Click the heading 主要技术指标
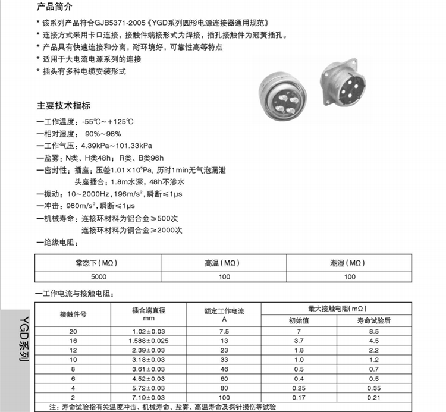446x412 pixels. (x=64, y=106)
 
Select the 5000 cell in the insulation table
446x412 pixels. (x=99, y=276)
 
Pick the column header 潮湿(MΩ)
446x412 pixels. (x=349, y=263)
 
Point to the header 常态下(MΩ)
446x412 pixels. (x=99, y=263)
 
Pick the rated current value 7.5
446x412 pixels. (x=224, y=331)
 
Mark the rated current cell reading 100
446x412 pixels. (x=224, y=397)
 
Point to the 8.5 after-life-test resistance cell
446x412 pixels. (x=373, y=331)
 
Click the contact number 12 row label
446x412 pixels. (x=73, y=350)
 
